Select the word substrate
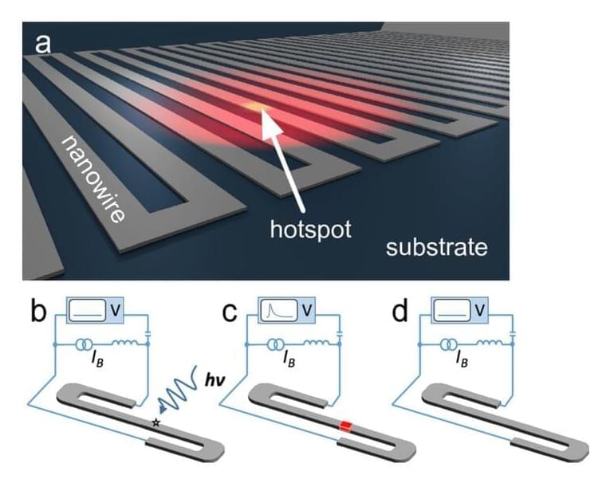(436, 247)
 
